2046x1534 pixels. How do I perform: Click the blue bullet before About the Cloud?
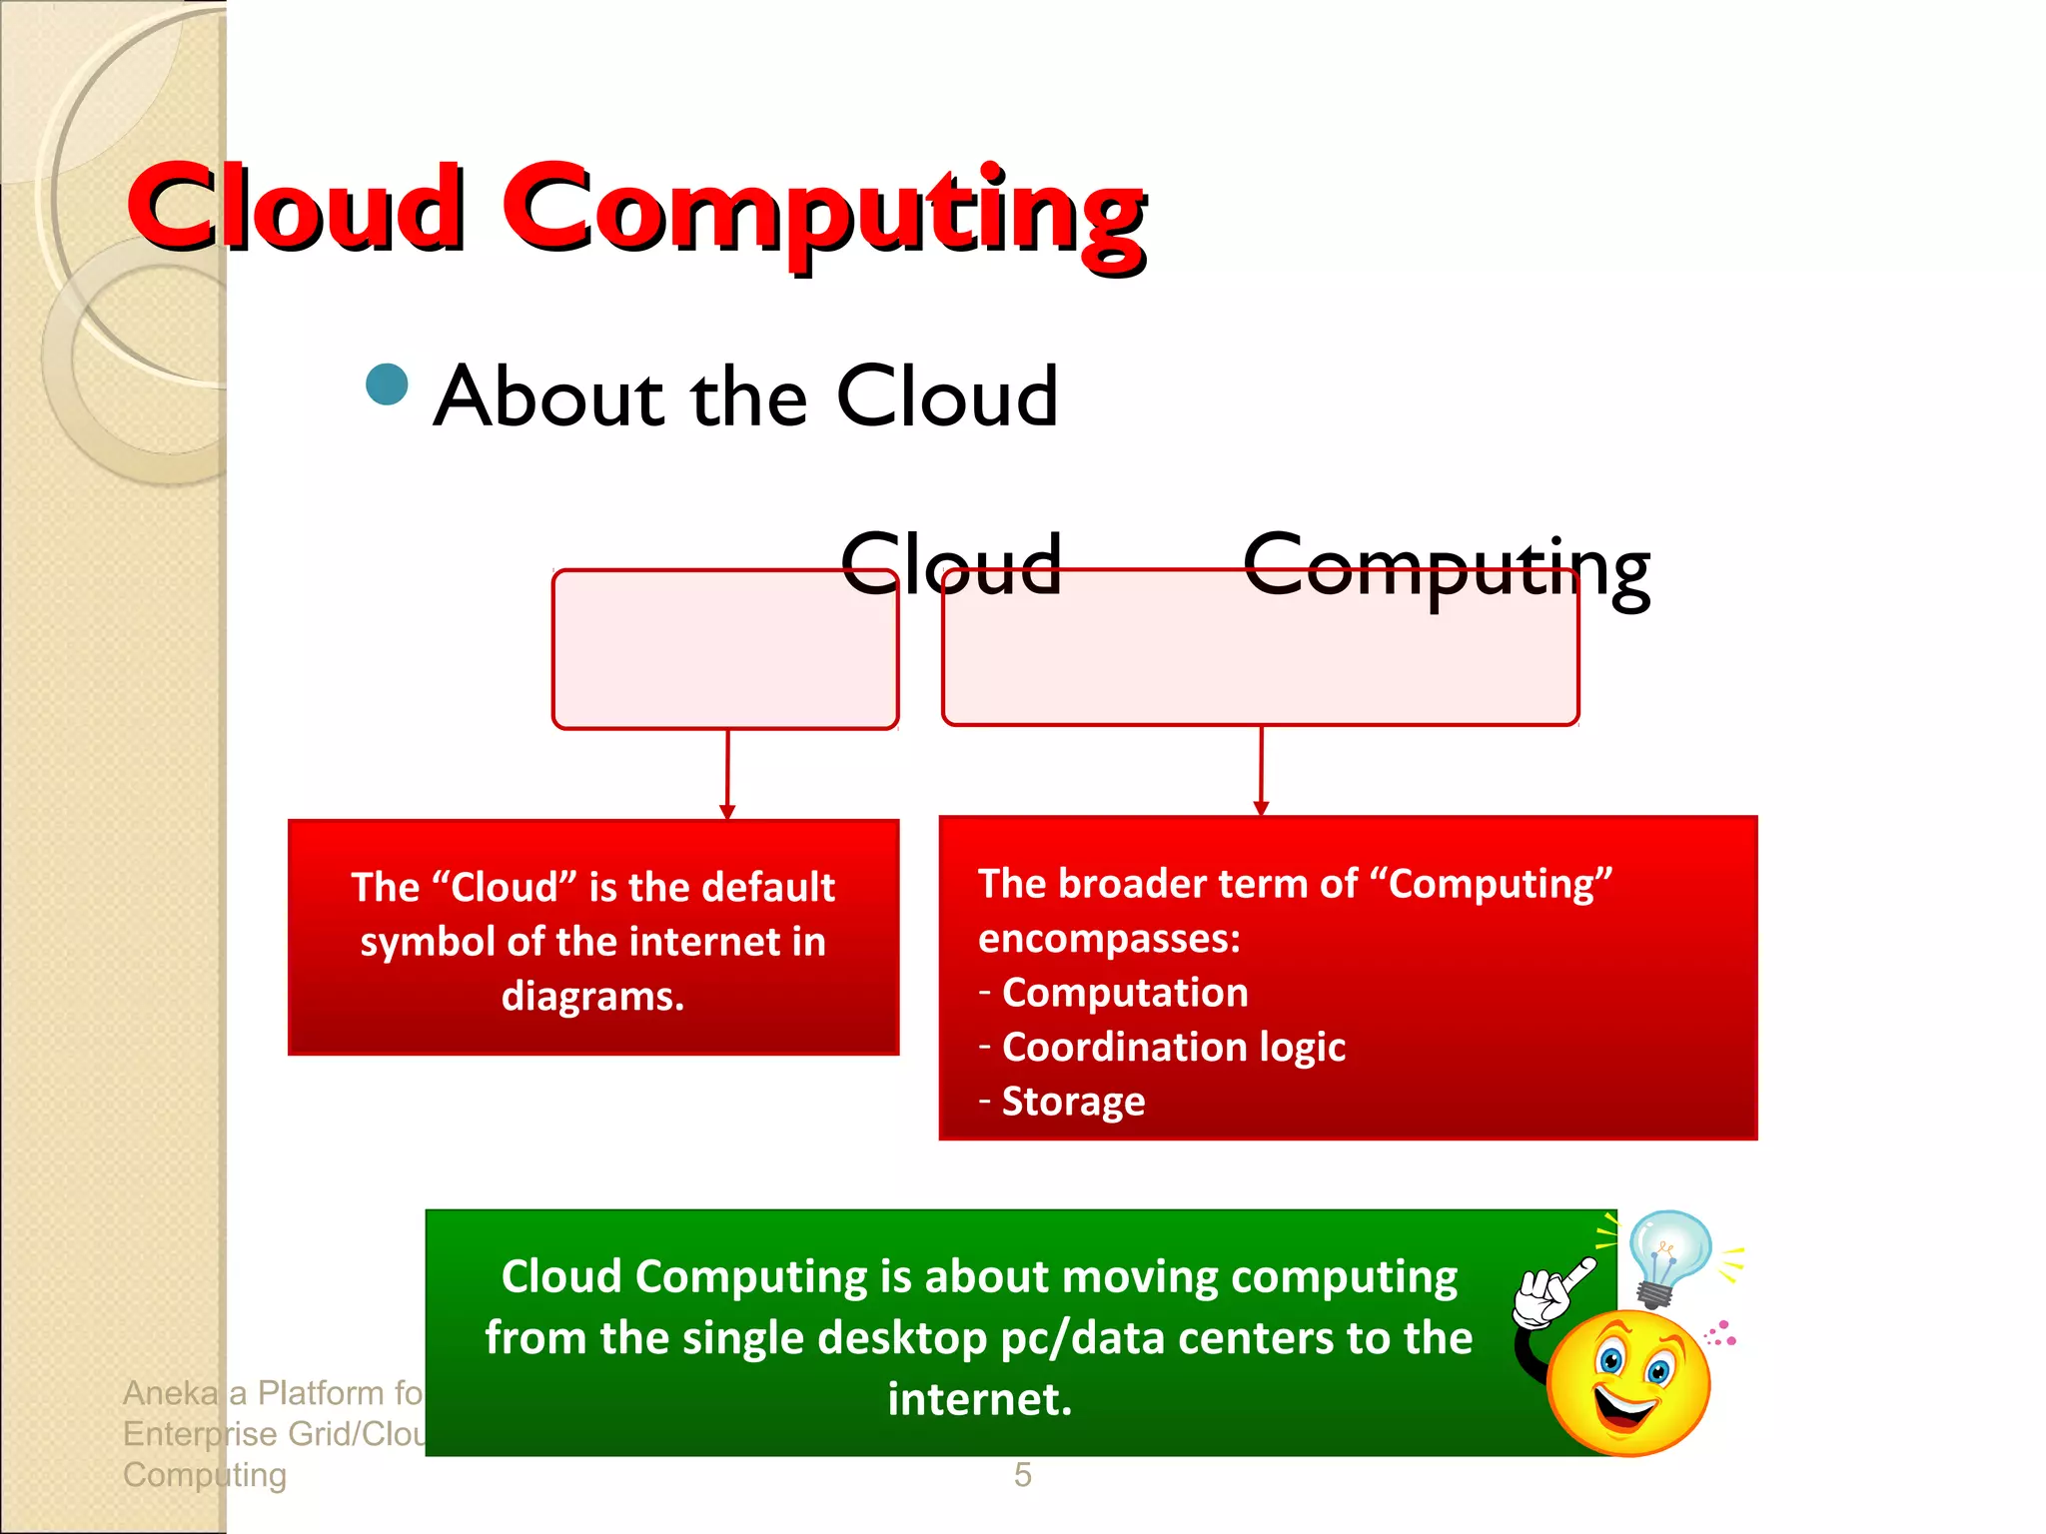pyautogui.click(x=387, y=384)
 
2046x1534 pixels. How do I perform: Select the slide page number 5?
pyautogui.click(x=1022, y=1475)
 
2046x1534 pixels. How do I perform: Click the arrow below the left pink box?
pyautogui.click(x=727, y=774)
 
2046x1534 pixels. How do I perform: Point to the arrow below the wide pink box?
pyautogui.click(x=1261, y=770)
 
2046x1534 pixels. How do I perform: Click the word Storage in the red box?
pyautogui.click(x=1073, y=1101)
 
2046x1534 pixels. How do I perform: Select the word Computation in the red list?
pyautogui.click(x=1125, y=993)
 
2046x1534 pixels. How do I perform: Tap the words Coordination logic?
pyautogui.click(x=1173, y=1047)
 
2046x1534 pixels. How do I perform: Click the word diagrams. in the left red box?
pyautogui.click(x=592, y=996)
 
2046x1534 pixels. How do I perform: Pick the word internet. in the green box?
pyautogui.click(x=979, y=1399)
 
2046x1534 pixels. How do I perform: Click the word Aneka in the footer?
pyautogui.click(x=170, y=1392)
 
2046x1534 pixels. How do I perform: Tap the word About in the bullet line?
pyautogui.click(x=548, y=396)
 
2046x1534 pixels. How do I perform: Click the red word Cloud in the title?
pyautogui.click(x=297, y=207)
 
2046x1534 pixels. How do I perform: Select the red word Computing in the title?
pyautogui.click(x=823, y=212)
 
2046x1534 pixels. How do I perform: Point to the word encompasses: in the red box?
pyautogui.click(x=1109, y=939)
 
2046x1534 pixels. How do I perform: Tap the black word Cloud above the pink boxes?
pyautogui.click(x=950, y=564)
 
